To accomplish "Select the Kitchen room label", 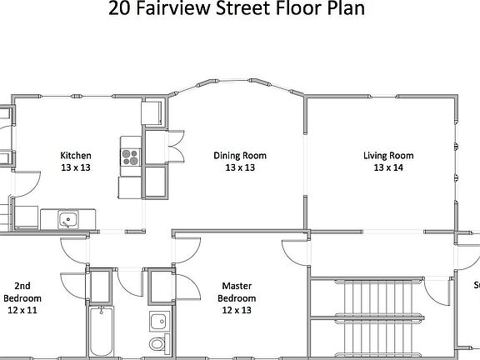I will (x=75, y=155).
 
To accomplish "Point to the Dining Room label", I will (x=240, y=155).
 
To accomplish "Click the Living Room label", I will (x=387, y=155).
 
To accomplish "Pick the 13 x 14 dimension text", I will (x=387, y=167).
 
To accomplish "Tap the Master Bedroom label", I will (x=237, y=292).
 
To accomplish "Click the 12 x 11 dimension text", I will (x=22, y=310).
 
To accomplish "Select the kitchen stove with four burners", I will (x=131, y=154).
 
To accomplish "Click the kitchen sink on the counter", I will (x=68, y=220).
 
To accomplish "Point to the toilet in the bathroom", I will (x=157, y=343).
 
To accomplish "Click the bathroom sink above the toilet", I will (x=157, y=321).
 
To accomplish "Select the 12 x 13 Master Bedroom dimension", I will (x=237, y=310).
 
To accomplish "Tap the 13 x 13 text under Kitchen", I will (x=75, y=167).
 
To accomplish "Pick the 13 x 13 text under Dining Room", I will (x=240, y=167).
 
